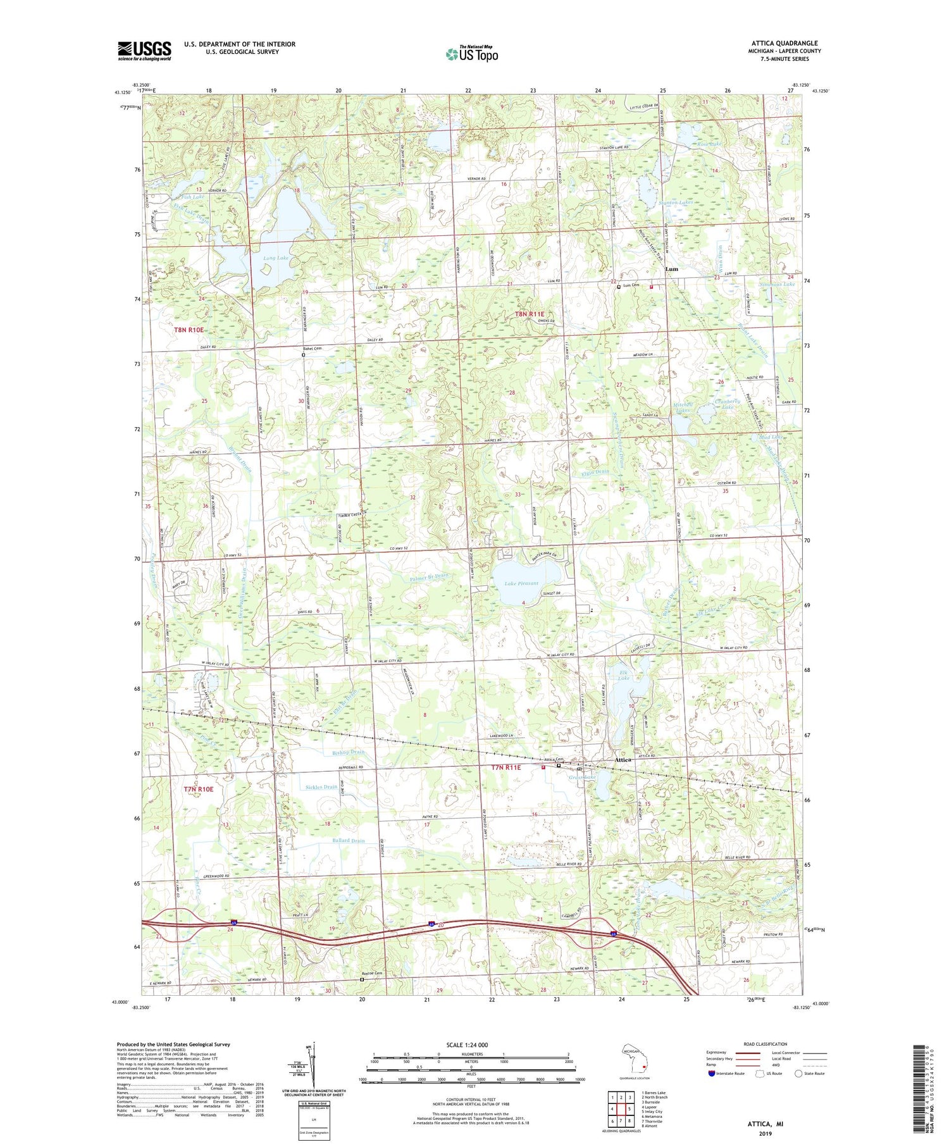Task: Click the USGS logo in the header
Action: tap(144, 51)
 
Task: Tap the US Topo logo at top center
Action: tap(471, 54)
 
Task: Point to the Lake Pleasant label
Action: tap(521, 583)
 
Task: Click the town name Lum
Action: tap(671, 269)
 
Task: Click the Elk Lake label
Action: tap(623, 674)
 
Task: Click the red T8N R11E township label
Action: tap(529, 314)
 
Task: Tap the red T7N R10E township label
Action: tap(199, 789)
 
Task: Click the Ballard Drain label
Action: tap(349, 841)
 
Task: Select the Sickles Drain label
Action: tap(321, 787)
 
